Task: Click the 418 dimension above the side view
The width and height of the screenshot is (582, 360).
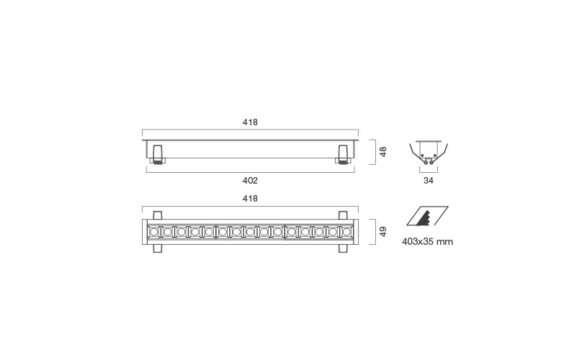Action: click(x=250, y=122)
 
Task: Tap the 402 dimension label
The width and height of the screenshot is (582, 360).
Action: click(x=250, y=181)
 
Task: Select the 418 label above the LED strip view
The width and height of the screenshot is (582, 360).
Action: click(x=250, y=199)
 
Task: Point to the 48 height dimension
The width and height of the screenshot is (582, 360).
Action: click(x=382, y=152)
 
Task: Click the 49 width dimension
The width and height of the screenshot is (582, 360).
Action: click(x=382, y=232)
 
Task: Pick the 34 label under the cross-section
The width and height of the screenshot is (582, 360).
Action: click(x=429, y=181)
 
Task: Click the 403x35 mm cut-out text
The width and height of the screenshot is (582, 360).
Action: click(x=427, y=242)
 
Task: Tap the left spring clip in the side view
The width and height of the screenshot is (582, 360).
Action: click(x=158, y=154)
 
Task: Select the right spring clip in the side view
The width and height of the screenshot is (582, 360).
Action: click(x=343, y=154)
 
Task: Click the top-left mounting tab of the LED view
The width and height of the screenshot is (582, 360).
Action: click(x=158, y=215)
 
